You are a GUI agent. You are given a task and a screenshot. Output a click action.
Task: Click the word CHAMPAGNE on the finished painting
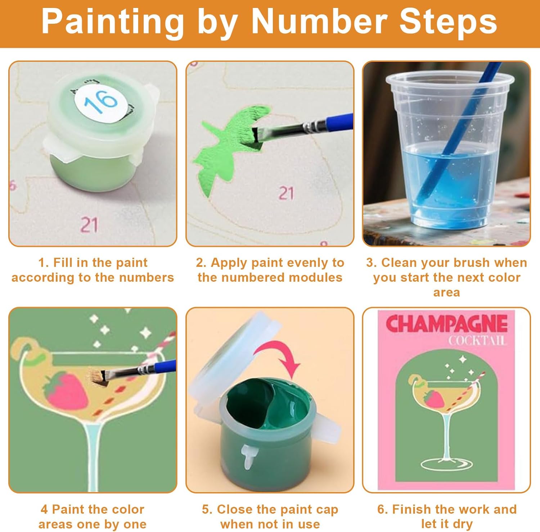tap(446, 323)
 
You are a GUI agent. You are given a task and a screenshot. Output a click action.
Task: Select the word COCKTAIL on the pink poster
tap(477, 340)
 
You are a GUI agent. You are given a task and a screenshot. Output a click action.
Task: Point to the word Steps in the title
tap(448, 22)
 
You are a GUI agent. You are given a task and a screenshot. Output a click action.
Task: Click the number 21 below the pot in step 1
tap(89, 226)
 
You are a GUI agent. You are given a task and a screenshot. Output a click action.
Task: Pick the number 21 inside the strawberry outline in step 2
tap(286, 193)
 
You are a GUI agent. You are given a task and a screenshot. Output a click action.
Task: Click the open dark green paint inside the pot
tap(268, 403)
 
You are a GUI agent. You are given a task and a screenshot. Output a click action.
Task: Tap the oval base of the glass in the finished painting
tap(447, 464)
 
